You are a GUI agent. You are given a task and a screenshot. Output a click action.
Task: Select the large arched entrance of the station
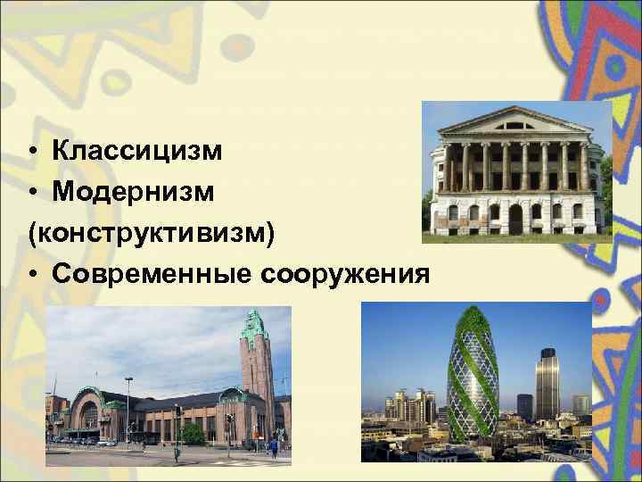(x=89, y=415)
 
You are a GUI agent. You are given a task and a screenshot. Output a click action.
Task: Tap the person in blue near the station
(x=274, y=447)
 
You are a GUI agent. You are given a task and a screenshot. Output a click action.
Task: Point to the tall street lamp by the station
(x=128, y=406)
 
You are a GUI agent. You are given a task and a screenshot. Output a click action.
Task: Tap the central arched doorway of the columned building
(x=515, y=219)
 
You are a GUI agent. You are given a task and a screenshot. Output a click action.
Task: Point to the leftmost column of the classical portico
(x=449, y=167)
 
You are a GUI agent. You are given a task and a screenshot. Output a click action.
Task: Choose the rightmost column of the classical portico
(x=583, y=167)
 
